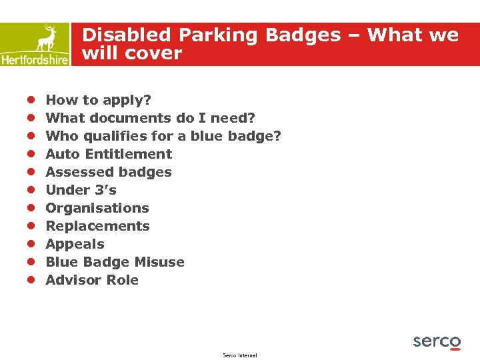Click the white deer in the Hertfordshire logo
pos(47,38)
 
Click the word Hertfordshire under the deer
pos(35,59)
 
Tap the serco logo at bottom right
pos(437,342)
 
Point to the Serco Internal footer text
pos(240,355)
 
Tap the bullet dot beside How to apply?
pos(31,100)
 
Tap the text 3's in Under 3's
pos(105,190)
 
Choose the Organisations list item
pos(97,208)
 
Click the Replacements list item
pos(97,226)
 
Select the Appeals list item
pos(75,244)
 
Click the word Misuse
pos(159,262)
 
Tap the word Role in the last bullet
pos(123,280)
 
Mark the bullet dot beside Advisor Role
pos(31,280)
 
